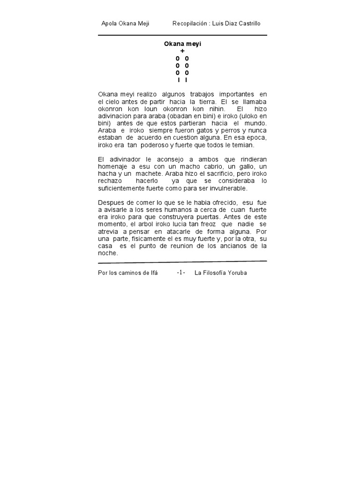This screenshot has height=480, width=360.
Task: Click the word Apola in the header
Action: [x=109, y=23]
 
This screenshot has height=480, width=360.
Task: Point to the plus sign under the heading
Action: [x=182, y=51]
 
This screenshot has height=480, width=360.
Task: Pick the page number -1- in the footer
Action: [x=181, y=273]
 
